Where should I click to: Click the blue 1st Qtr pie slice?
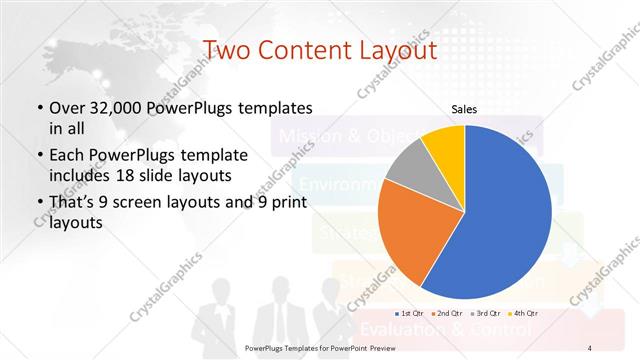(505, 210)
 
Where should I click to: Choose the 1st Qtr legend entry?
(412, 313)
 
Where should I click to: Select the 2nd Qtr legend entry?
(447, 313)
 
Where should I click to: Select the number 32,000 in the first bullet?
(114, 107)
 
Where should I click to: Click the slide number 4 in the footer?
(590, 347)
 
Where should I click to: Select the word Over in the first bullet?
(64, 107)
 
